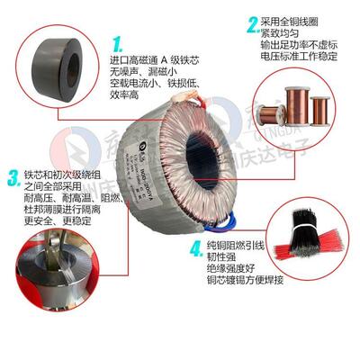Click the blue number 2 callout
pos(253,24)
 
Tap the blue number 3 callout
pos(12,175)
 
